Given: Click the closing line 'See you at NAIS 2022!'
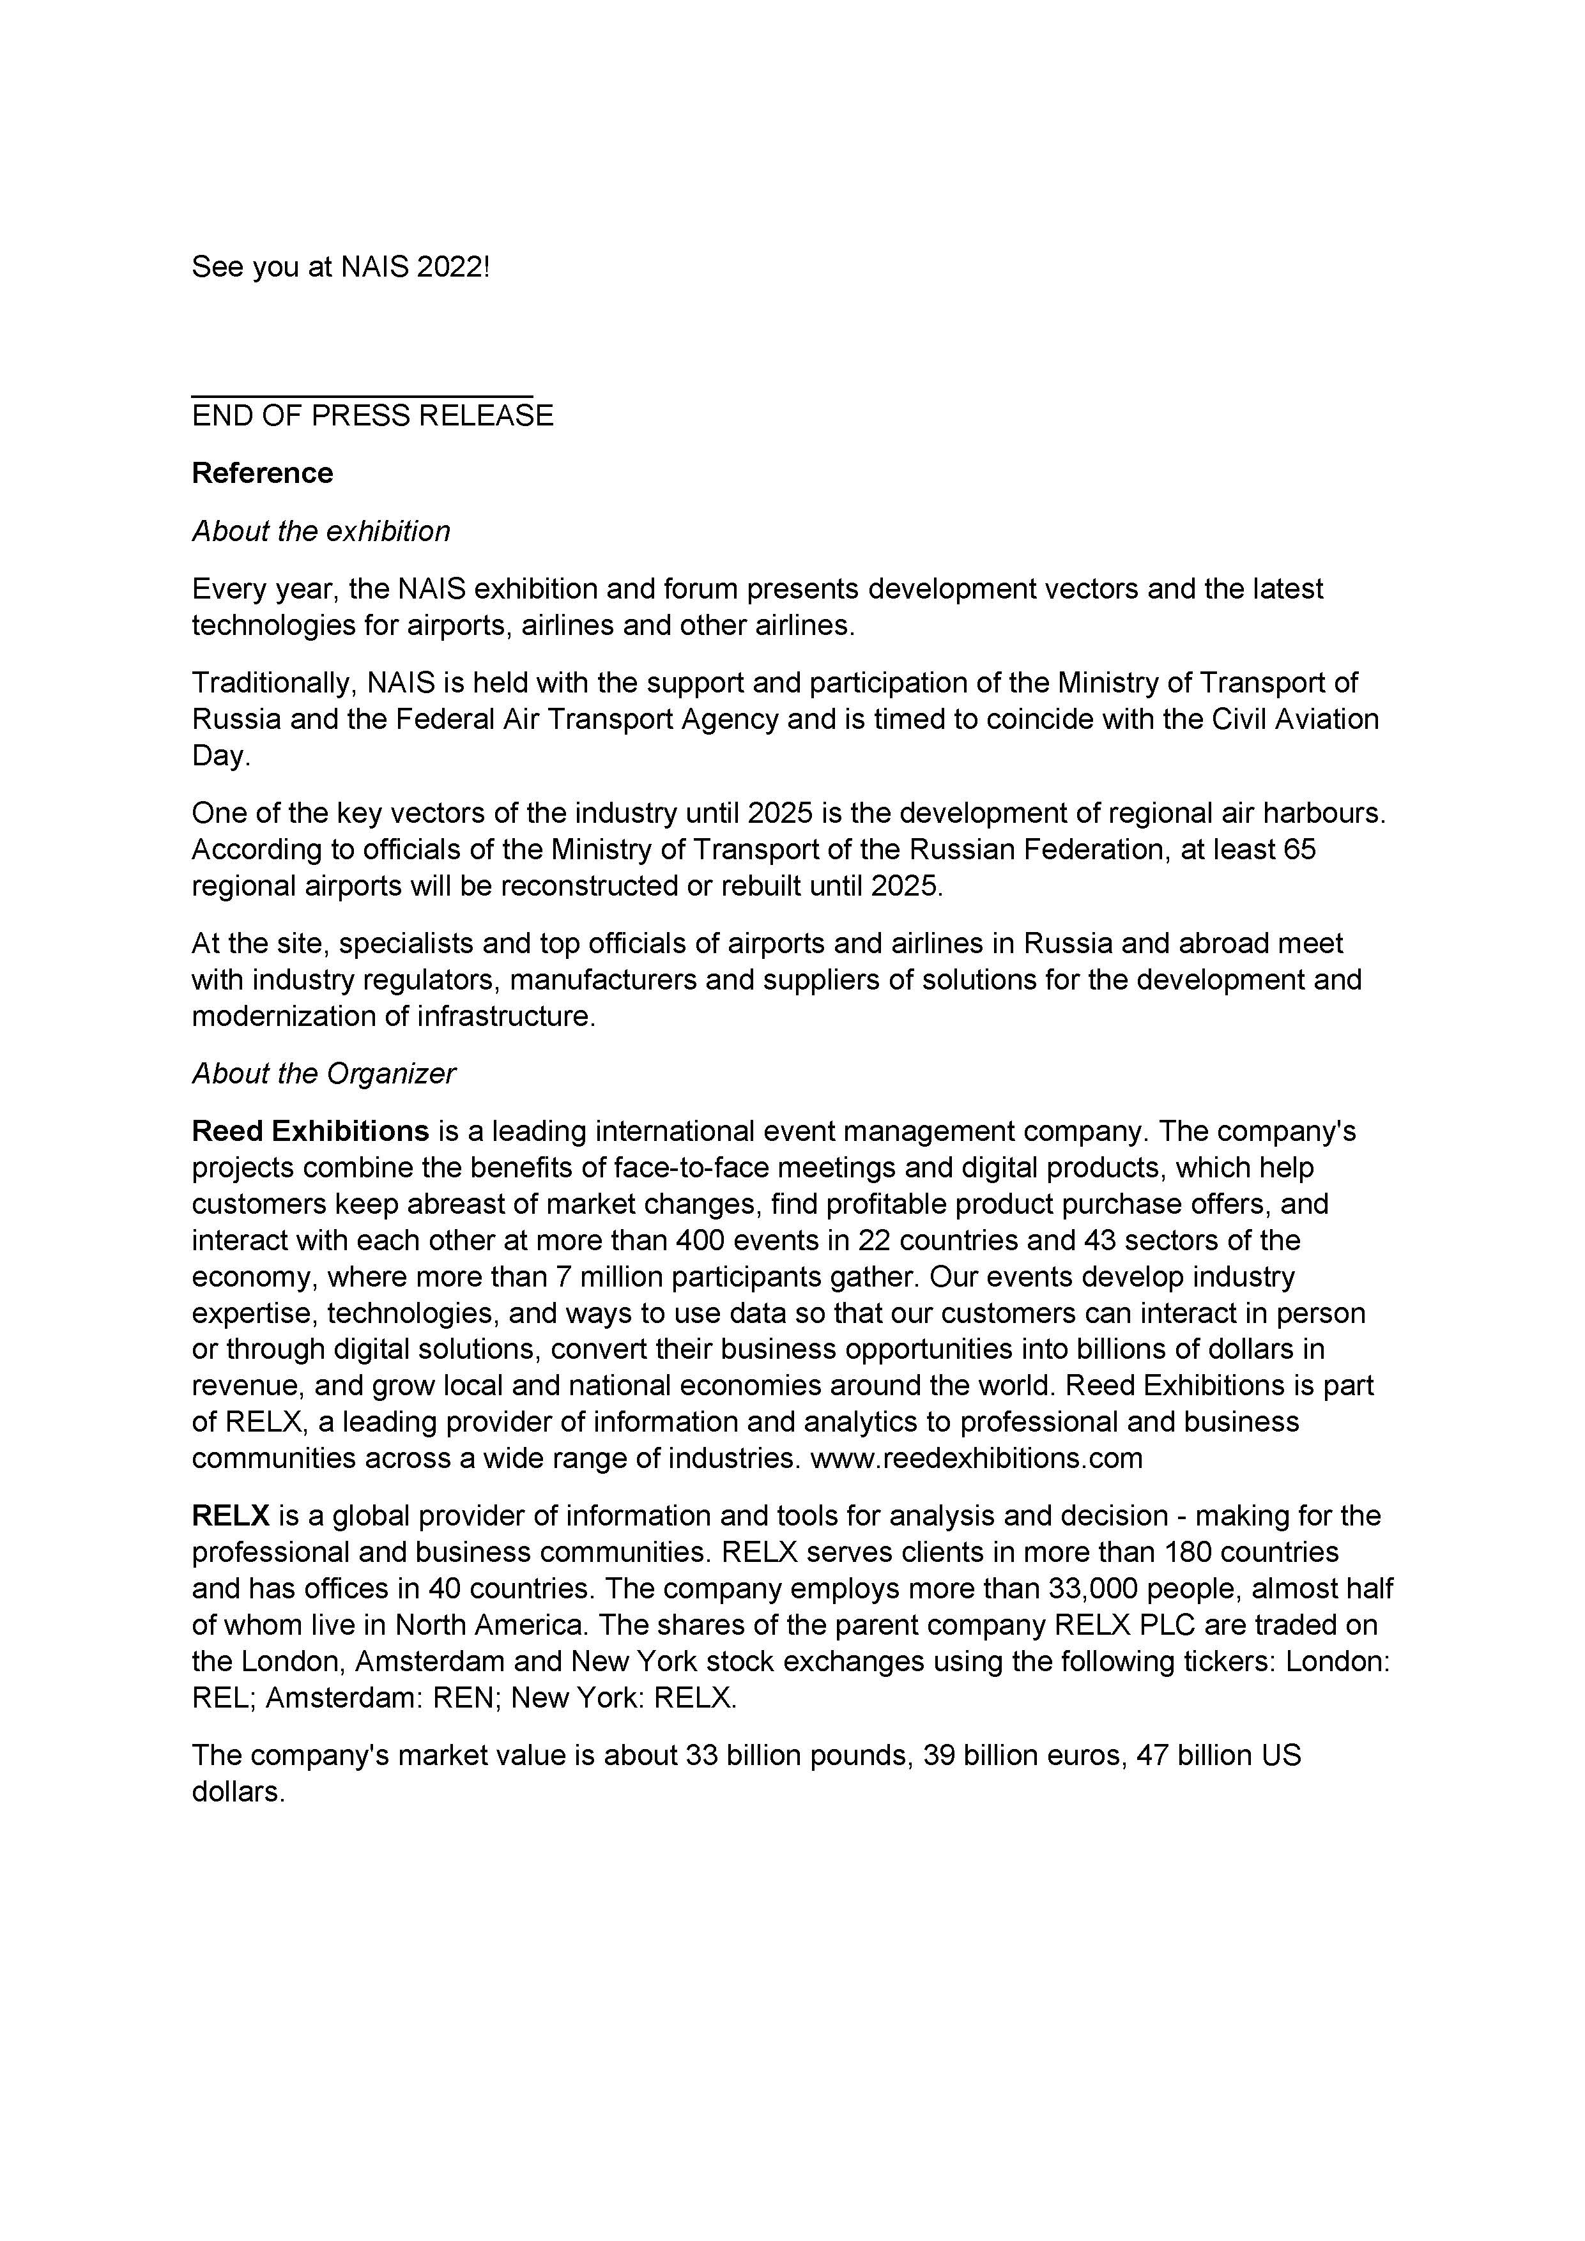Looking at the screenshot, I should click(x=341, y=266).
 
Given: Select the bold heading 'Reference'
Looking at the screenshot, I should click(x=263, y=473).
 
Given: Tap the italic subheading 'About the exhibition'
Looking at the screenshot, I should click(x=321, y=531).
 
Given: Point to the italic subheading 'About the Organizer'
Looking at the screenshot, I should click(x=323, y=1074).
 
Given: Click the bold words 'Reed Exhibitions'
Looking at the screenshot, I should click(x=310, y=1131).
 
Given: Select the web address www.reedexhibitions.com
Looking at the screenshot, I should click(x=976, y=1458).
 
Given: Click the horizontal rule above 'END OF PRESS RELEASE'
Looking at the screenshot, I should click(x=362, y=396).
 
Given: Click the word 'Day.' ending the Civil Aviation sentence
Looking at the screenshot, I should click(x=222, y=756).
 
